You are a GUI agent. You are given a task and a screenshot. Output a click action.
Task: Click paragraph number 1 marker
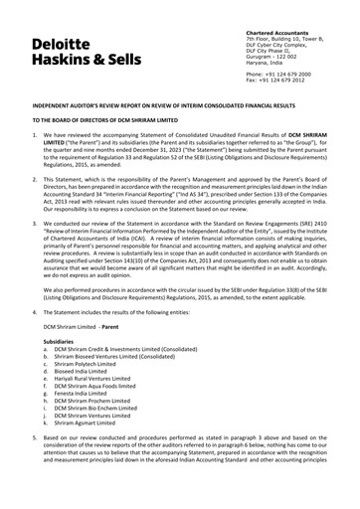[34, 134]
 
